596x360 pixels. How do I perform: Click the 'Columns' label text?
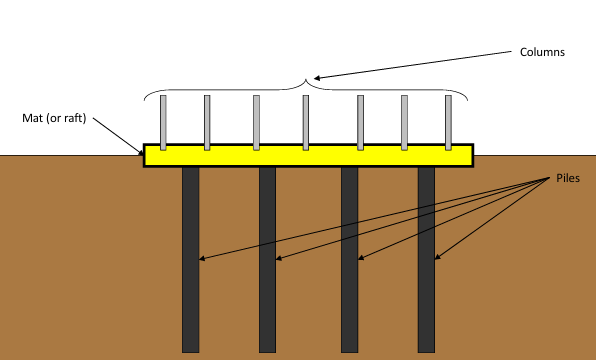(542, 52)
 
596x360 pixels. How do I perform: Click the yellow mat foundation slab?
(308, 155)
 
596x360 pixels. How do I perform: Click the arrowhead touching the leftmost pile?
(201, 259)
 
